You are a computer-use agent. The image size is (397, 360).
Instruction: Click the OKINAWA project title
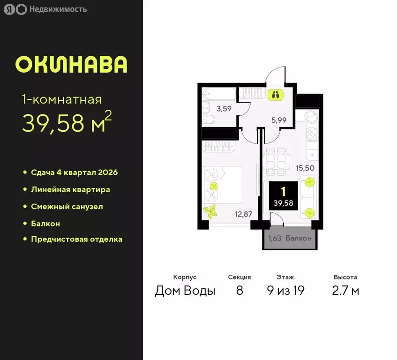pos(71,65)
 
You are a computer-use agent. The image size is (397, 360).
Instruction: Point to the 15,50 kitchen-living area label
pos(305,166)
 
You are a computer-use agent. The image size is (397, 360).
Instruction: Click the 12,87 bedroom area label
pos(244,214)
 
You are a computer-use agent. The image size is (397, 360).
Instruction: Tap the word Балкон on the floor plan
pos(298,238)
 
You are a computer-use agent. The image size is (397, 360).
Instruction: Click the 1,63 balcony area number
pos(275,238)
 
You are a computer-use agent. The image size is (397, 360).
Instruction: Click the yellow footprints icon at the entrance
pos(274,94)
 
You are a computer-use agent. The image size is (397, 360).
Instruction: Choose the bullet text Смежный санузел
pos(67,206)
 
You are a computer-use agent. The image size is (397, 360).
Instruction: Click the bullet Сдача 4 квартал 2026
pos(74,172)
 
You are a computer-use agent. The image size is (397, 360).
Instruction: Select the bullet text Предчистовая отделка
pos(76,239)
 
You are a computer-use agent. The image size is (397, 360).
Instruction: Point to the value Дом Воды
pos(185,291)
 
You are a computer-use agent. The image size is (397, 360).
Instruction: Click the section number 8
pos(240,291)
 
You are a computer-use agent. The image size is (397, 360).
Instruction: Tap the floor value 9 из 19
pos(285,291)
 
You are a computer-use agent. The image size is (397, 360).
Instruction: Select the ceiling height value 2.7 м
pos(345,291)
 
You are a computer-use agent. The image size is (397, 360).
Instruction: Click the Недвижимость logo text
pos(58,9)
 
